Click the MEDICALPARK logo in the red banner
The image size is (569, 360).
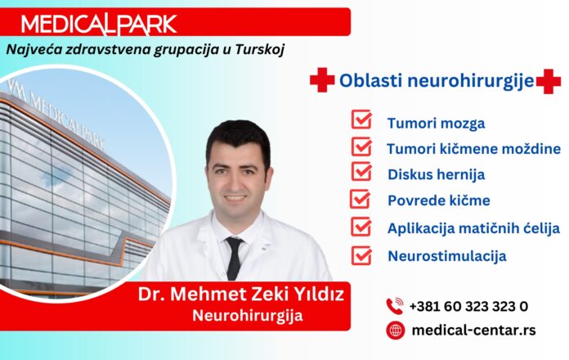point(99,25)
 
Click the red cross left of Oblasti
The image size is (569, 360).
point(322,80)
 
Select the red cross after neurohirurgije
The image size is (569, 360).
point(549,81)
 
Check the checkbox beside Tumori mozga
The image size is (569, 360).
point(361,119)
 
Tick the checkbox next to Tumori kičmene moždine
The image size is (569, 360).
point(361,146)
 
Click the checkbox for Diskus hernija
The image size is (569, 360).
point(361,172)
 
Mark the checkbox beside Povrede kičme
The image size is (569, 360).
point(360,199)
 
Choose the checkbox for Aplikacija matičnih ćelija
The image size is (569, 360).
point(361,227)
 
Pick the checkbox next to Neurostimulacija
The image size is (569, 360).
point(361,255)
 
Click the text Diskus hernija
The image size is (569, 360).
point(437,175)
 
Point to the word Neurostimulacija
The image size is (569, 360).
point(447,256)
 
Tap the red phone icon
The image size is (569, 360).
point(395,306)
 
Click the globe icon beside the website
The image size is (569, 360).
point(395,331)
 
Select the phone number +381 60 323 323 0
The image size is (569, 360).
point(468,307)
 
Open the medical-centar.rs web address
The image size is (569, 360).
point(474,331)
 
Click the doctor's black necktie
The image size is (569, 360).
point(234,258)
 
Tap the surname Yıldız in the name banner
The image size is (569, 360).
point(316,294)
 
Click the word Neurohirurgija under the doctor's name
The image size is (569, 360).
point(248,315)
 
